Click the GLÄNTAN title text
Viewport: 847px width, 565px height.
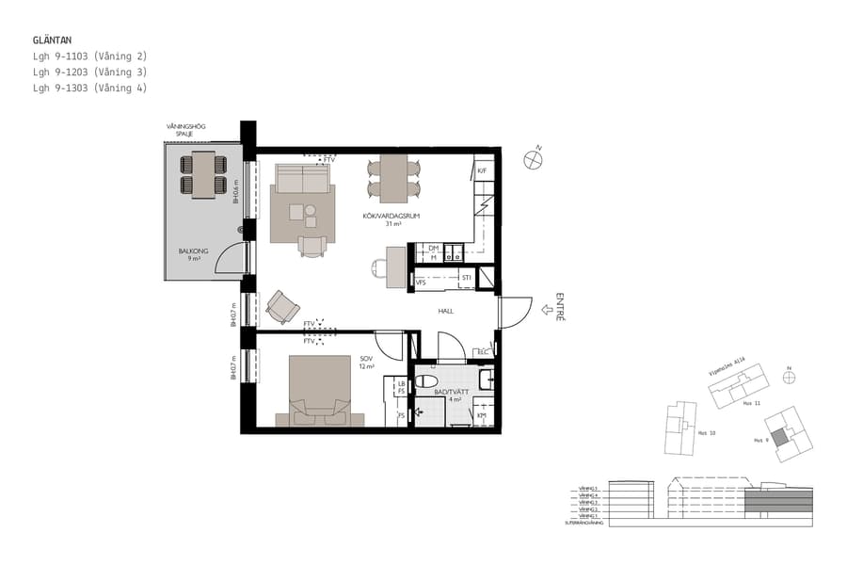click(x=52, y=40)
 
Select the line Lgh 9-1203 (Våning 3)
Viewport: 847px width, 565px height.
click(x=89, y=73)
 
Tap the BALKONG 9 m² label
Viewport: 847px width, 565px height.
click(x=193, y=254)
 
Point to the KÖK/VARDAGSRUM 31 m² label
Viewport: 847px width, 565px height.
click(x=390, y=219)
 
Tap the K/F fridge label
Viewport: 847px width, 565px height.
click(x=481, y=170)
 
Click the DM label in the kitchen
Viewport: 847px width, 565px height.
click(x=433, y=248)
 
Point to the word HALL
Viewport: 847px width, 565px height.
click(x=446, y=311)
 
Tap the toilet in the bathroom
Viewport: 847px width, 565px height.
click(x=484, y=379)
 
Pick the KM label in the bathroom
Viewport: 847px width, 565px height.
click(x=480, y=415)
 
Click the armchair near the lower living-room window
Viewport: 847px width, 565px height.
click(x=281, y=305)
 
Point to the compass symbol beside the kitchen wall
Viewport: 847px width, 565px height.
click(x=535, y=158)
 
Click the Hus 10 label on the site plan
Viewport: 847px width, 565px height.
click(x=707, y=433)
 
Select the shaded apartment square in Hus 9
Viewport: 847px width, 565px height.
click(x=780, y=438)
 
